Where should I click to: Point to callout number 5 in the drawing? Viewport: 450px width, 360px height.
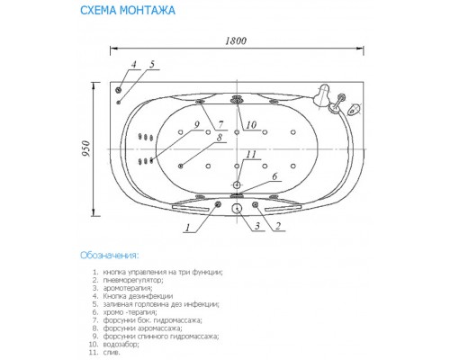tap(152, 65)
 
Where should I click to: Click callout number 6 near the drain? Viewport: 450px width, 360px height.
tap(275, 178)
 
